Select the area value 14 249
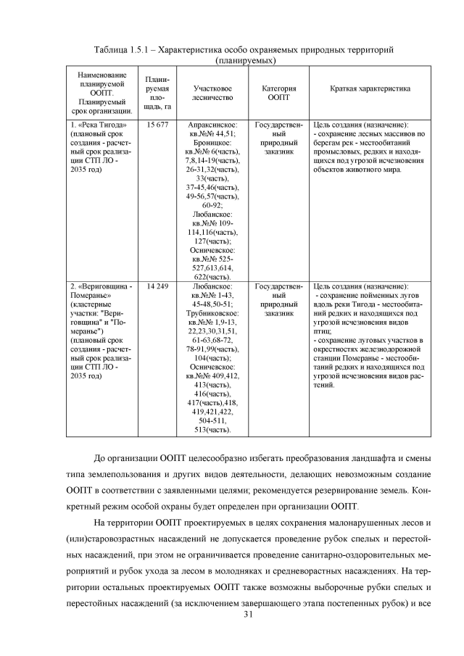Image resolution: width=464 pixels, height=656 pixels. click(x=157, y=287)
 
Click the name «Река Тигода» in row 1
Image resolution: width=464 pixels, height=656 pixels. click(x=94, y=125)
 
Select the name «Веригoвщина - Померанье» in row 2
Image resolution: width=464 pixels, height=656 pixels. click(x=101, y=291)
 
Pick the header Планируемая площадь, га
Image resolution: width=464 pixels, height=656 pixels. click(x=157, y=91)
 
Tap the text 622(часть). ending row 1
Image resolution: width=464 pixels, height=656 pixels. click(x=212, y=276)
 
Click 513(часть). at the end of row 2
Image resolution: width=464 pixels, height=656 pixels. click(x=212, y=429)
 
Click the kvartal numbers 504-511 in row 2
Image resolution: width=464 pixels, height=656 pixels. click(x=212, y=420)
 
